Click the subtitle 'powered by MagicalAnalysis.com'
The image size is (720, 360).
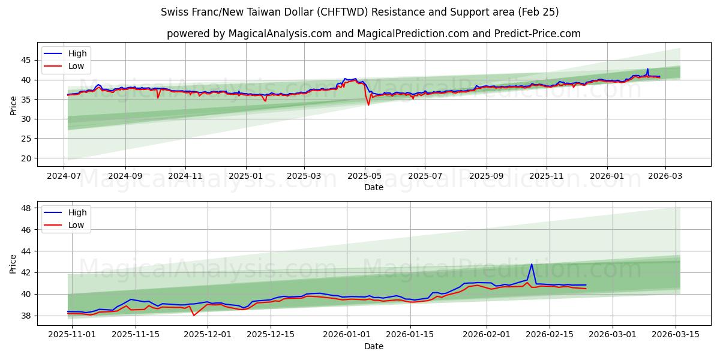pyautogui.click(x=373, y=34)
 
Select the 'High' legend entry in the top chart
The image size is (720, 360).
pyautogui.click(x=77, y=53)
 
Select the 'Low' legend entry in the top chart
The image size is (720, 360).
pyautogui.click(x=76, y=66)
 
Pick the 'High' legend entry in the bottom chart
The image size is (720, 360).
pyautogui.click(x=77, y=212)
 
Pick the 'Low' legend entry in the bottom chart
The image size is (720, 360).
pyautogui.click(x=76, y=225)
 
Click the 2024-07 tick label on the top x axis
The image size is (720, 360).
pyautogui.click(x=64, y=177)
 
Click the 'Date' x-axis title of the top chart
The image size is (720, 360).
pyautogui.click(x=373, y=187)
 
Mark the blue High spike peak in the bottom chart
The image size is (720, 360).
pyautogui.click(x=531, y=264)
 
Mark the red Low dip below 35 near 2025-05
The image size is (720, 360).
pyautogui.click(x=368, y=105)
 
